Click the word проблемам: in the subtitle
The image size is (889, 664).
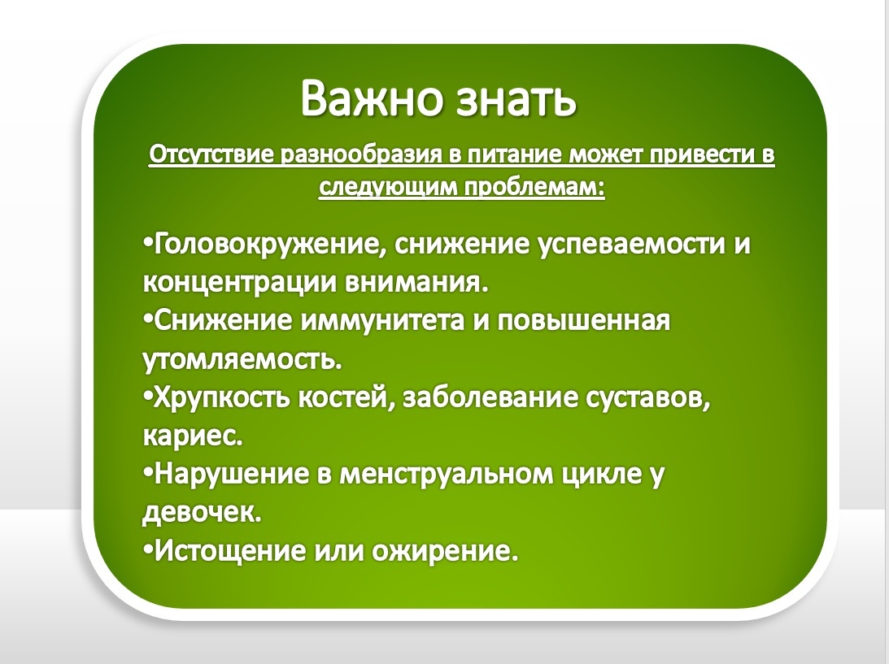(534, 188)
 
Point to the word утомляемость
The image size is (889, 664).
(242, 360)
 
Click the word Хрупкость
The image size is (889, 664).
(222, 397)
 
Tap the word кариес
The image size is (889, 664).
(192, 436)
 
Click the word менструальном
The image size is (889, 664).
(446, 475)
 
